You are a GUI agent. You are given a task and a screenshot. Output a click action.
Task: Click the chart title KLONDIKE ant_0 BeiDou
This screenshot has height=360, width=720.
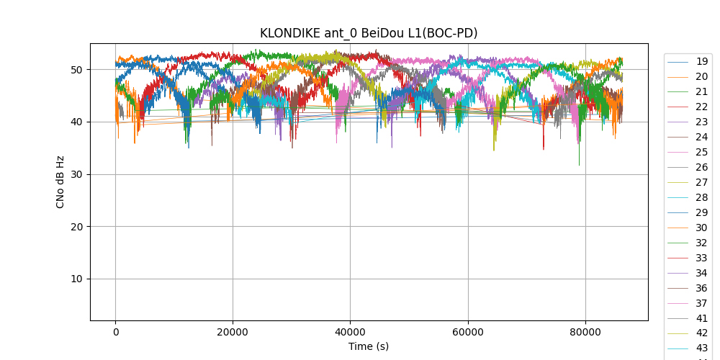point(369,33)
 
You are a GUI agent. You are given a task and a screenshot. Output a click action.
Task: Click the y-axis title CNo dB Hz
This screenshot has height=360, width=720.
point(60,182)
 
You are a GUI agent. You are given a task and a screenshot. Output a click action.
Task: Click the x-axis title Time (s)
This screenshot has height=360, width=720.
point(369,346)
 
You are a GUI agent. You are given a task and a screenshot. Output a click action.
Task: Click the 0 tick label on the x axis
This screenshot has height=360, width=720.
point(115,332)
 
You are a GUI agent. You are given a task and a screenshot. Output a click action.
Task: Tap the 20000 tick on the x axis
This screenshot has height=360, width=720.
point(233,332)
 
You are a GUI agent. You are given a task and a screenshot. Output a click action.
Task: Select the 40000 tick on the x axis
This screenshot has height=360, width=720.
point(350,332)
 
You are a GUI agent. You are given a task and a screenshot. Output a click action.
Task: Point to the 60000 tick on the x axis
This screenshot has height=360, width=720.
point(467,332)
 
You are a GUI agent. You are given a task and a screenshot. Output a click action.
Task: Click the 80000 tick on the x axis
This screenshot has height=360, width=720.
point(585,332)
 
